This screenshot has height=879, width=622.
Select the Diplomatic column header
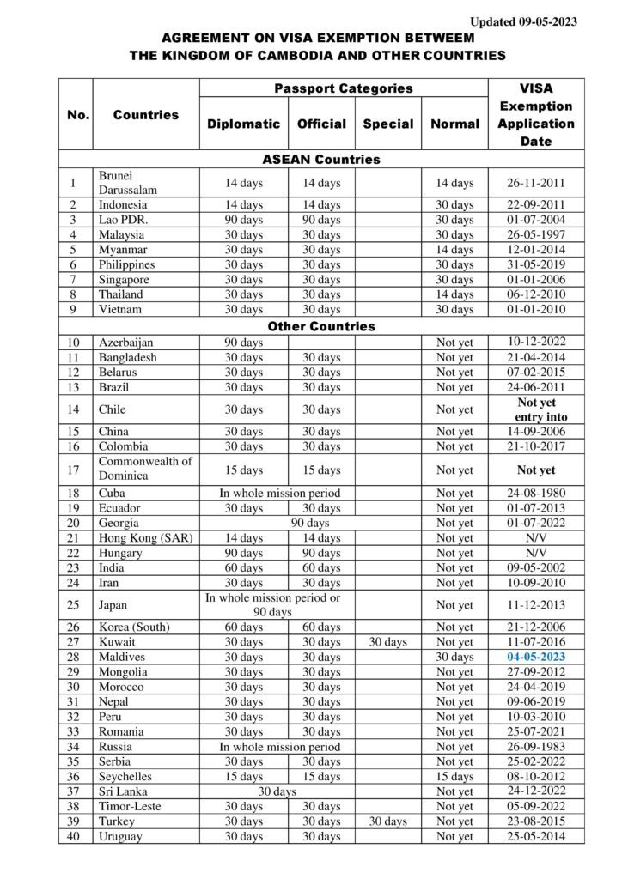[243, 124]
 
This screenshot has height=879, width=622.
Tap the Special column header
[387, 124]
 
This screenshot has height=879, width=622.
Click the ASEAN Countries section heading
[321, 160]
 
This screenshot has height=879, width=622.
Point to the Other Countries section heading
[321, 326]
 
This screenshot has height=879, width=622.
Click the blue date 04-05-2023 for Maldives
[536, 657]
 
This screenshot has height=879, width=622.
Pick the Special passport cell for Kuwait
[387, 641]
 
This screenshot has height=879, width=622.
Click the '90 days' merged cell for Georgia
[309, 523]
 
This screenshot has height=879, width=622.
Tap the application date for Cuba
[536, 493]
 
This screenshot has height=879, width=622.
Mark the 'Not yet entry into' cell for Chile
[536, 409]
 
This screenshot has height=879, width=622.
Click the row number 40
[74, 836]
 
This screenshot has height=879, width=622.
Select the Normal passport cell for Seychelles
[454, 777]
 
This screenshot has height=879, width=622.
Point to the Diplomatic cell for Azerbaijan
[243, 343]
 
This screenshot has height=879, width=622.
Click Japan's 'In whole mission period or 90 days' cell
[272, 604]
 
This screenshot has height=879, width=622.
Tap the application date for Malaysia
[536, 234]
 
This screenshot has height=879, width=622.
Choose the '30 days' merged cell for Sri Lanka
[277, 791]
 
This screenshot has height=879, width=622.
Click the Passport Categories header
[344, 88]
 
